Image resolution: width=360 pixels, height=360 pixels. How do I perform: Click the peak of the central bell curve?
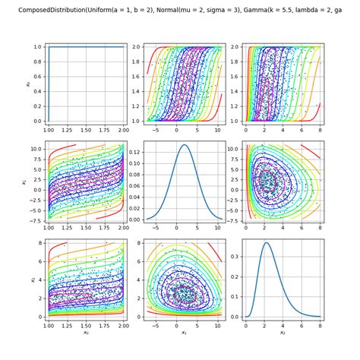[185, 145]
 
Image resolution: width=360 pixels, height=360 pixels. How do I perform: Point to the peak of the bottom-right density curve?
[267, 243]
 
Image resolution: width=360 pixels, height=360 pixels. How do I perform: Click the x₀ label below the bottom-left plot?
[85, 332]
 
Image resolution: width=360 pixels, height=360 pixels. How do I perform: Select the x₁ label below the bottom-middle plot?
[183, 332]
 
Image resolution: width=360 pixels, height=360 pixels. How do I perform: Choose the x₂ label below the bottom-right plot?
[282, 332]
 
